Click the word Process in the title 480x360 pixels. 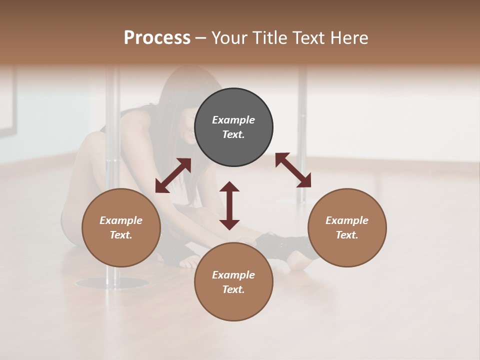pyautogui.click(x=157, y=37)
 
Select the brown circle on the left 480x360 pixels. pyautogui.click(x=121, y=227)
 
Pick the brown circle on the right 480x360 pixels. pyautogui.click(x=347, y=227)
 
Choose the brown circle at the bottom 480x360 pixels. pyautogui.click(x=233, y=281)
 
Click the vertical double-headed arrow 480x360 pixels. pyautogui.click(x=229, y=205)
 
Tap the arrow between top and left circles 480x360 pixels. pyautogui.click(x=173, y=175)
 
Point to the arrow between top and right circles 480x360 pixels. pyautogui.click(x=293, y=170)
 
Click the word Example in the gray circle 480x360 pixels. pyautogui.click(x=233, y=120)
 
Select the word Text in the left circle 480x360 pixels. pyautogui.click(x=121, y=235)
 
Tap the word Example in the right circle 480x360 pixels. pyautogui.click(x=347, y=220)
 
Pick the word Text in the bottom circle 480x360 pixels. pyautogui.click(x=233, y=289)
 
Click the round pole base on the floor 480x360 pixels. pyautogui.click(x=112, y=283)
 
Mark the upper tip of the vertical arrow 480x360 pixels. pyautogui.click(x=229, y=183)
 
